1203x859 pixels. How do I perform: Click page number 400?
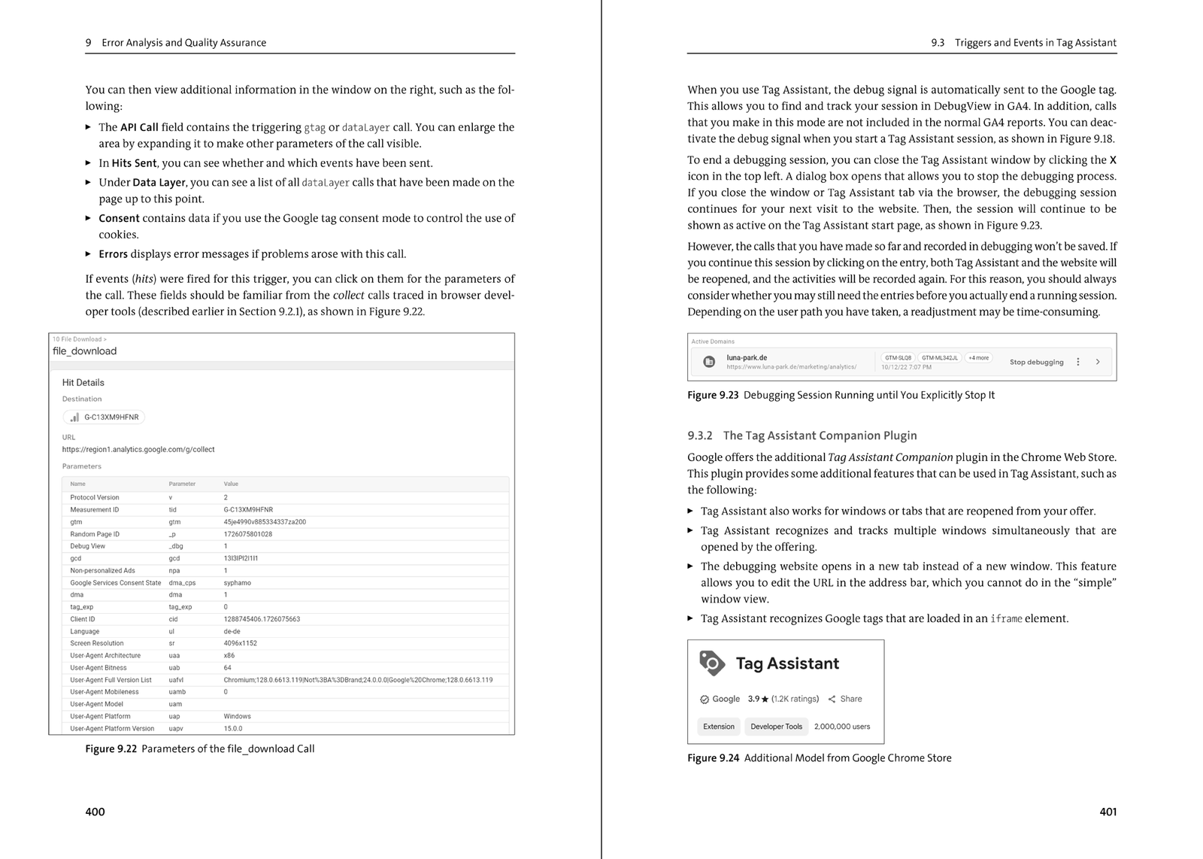point(95,812)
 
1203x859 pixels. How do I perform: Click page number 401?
point(1108,812)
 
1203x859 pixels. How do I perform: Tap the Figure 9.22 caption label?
point(111,748)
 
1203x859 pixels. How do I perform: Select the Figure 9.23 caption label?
point(713,395)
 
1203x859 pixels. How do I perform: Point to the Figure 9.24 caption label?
point(713,757)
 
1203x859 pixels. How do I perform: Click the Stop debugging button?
point(1036,362)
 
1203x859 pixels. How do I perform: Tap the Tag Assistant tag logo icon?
point(712,663)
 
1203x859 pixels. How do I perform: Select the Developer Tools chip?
point(776,727)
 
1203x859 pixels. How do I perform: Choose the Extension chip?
point(719,727)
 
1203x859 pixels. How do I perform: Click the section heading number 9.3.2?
point(699,436)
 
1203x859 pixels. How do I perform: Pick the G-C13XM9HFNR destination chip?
point(104,417)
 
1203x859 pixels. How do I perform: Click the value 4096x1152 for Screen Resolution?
point(240,643)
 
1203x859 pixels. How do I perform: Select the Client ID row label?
point(83,619)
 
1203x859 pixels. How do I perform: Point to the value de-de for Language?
point(232,631)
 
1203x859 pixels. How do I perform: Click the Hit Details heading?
point(83,382)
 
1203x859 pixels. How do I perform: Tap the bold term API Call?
point(139,127)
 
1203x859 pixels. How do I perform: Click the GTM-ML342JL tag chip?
point(940,358)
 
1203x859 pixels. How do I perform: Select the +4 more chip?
point(978,358)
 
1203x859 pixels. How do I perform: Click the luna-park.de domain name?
point(747,358)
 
